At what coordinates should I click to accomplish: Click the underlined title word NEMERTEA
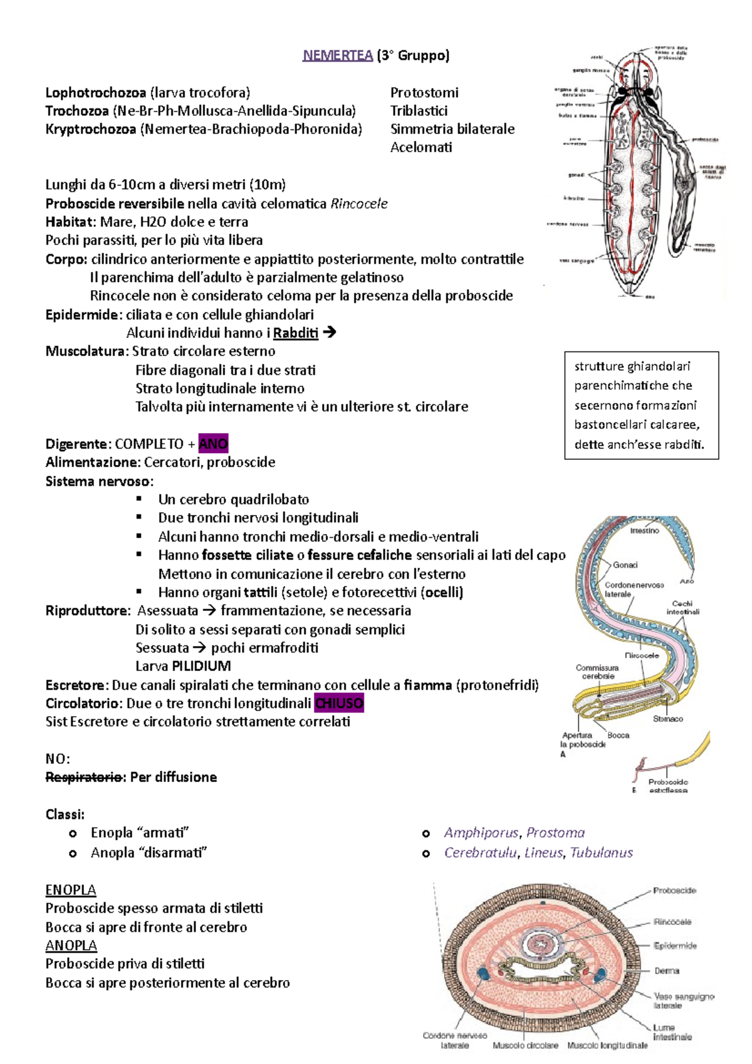[338, 56]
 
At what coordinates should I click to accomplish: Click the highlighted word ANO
[213, 444]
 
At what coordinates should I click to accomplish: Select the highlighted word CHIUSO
[338, 703]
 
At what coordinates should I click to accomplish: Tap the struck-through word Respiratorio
[83, 777]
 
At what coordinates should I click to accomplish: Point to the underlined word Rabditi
[295, 333]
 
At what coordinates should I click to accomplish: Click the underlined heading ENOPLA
[71, 890]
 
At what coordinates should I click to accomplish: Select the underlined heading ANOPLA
[71, 945]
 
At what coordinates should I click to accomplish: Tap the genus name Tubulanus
[601, 853]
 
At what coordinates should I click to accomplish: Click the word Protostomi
[424, 93]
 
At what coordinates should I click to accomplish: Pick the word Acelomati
[421, 147]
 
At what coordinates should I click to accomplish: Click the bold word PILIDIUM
[201, 666]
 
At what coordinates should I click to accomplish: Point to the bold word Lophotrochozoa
[95, 93]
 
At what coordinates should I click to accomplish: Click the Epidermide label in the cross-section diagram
[675, 946]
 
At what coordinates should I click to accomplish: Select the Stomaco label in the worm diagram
[667, 719]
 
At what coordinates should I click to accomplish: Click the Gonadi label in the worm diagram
[625, 565]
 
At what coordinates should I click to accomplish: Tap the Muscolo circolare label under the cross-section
[525, 1045]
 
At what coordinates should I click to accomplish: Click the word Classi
[65, 815]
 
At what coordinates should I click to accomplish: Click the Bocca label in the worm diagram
[618, 735]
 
